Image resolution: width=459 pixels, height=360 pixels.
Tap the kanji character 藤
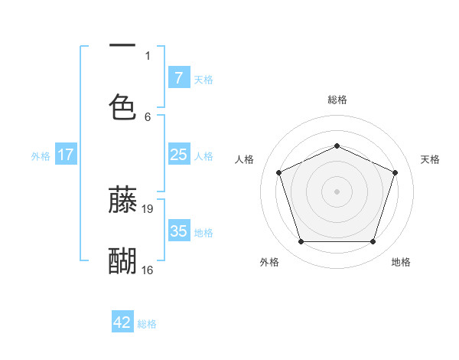coord(122,199)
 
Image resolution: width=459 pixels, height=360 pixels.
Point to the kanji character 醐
coord(122,261)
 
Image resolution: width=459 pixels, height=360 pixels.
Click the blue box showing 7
coord(178,77)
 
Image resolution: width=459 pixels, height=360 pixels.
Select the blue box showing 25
coord(178,155)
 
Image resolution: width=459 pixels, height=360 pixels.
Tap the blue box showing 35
coord(178,231)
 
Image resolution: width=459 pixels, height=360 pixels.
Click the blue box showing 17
coord(66,155)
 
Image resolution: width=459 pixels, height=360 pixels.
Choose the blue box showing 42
coord(122,322)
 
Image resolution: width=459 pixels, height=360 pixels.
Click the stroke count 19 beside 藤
coord(148,208)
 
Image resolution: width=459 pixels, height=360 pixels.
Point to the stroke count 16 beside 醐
coord(148,270)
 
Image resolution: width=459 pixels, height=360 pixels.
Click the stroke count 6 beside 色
coord(148,116)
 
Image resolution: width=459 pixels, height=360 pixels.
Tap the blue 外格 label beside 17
coord(41,156)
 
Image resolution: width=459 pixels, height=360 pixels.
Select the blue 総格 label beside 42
coord(147,324)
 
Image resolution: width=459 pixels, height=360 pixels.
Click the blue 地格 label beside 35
coord(203,233)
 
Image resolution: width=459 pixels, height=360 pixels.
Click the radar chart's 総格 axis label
coord(337,100)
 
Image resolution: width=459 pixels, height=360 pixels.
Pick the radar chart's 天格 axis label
coord(430,159)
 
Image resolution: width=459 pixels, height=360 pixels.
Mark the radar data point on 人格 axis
coord(278,172)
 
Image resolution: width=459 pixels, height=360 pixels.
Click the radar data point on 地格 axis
coord(373,242)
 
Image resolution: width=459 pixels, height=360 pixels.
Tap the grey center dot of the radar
coord(337,191)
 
